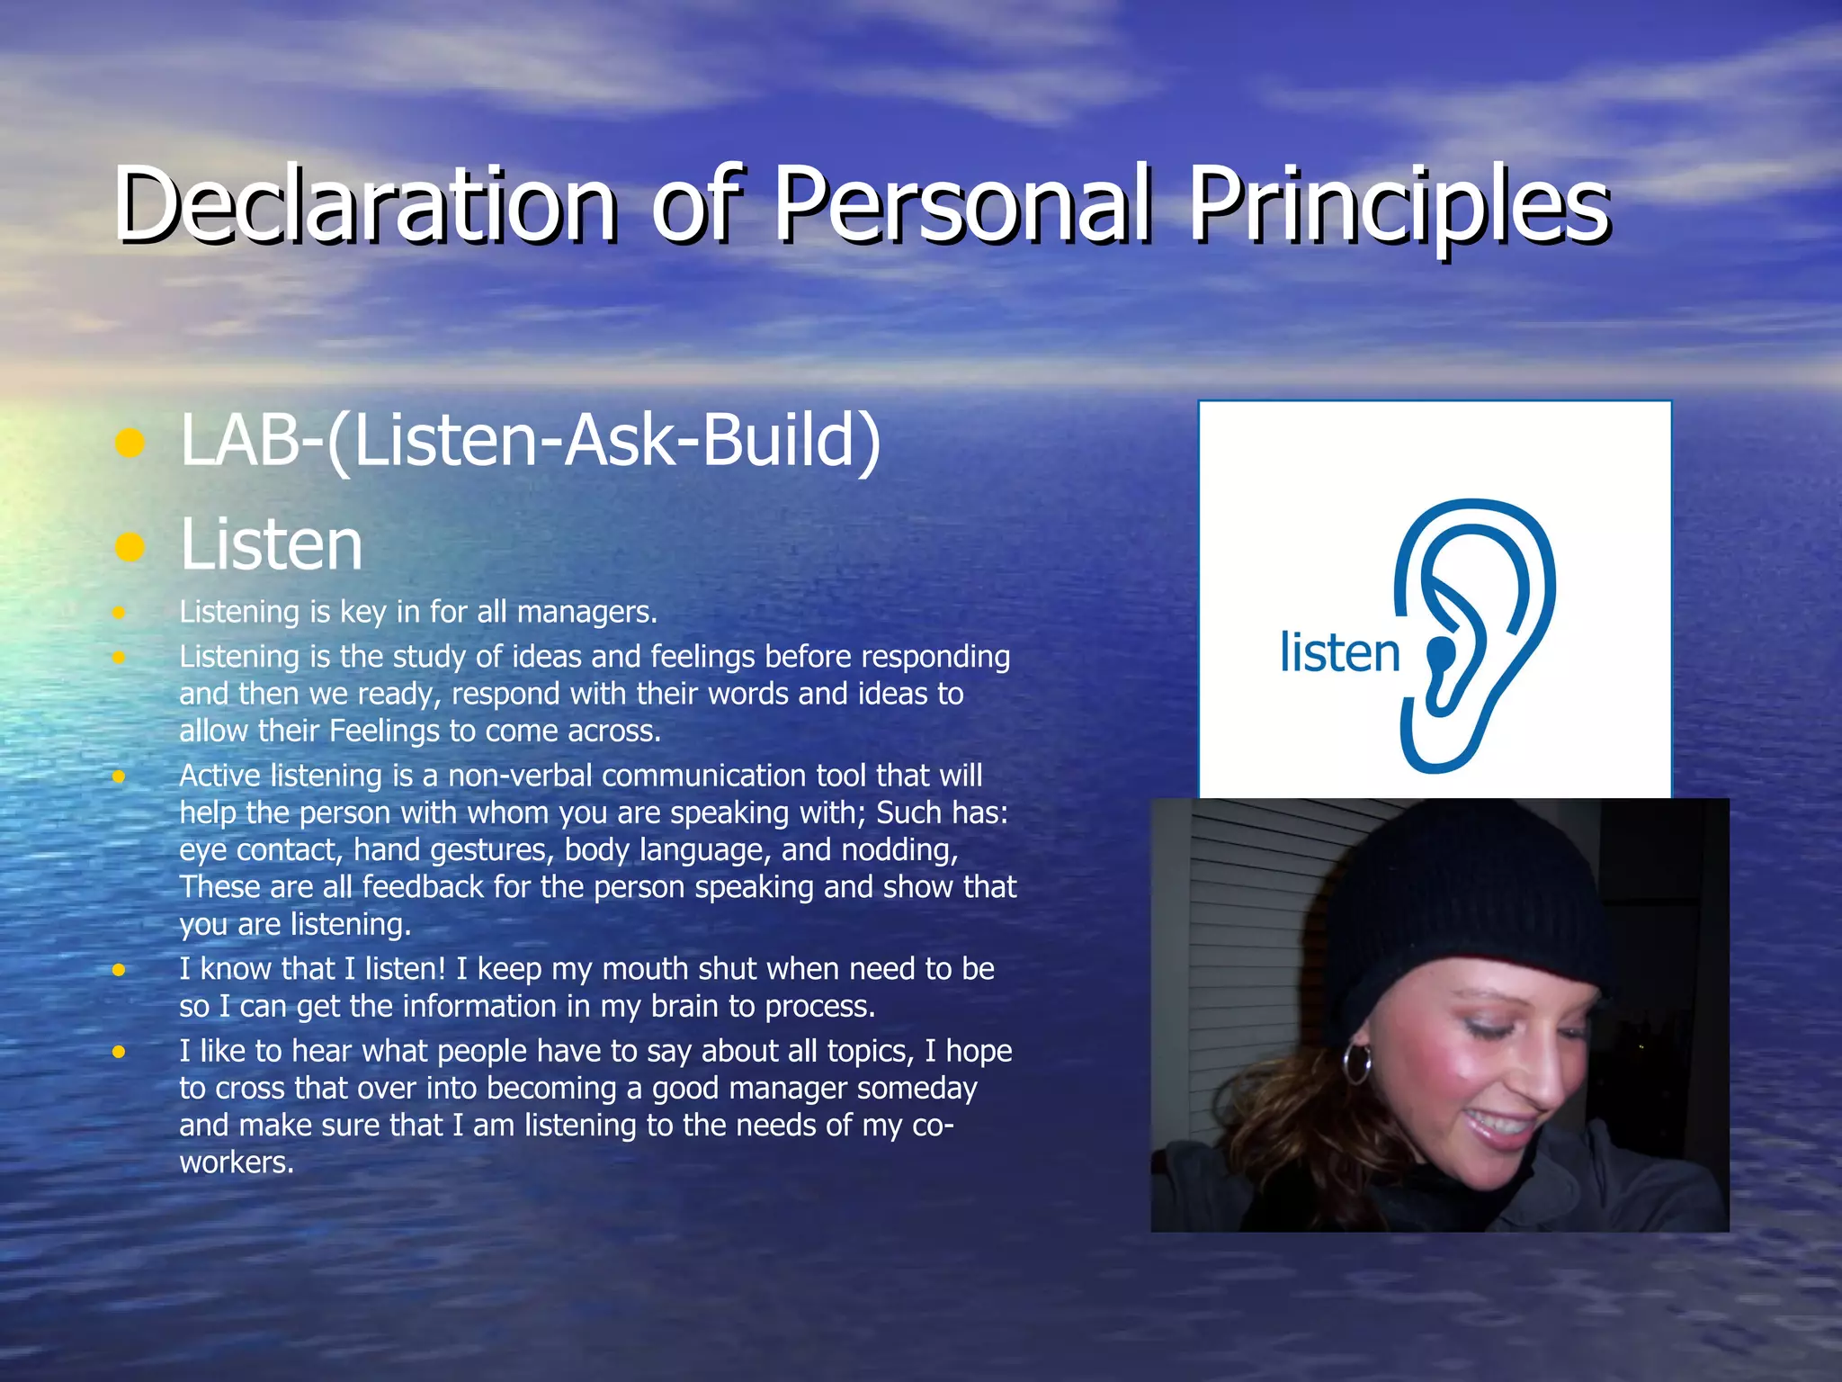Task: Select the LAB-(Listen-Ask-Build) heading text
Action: coord(531,441)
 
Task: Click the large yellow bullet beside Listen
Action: coord(130,546)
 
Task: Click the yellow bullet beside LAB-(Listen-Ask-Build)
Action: coord(130,443)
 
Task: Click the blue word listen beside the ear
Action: coord(1339,652)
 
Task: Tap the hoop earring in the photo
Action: coord(1357,1064)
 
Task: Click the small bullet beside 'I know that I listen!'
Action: coord(119,970)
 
